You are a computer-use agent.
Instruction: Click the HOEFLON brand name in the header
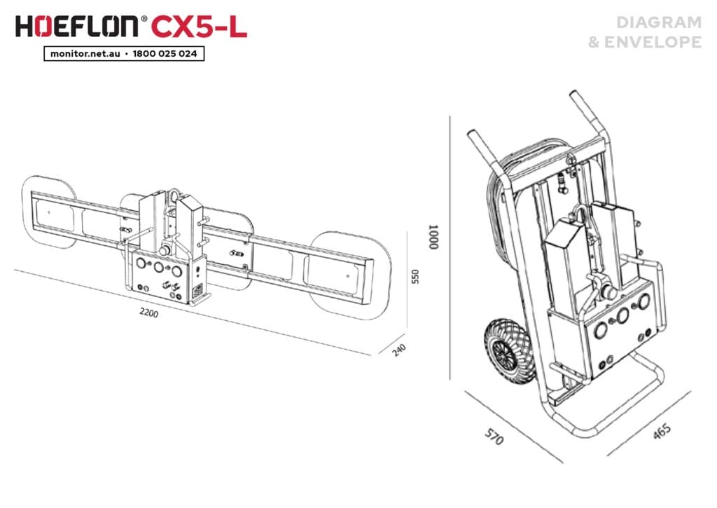pyautogui.click(x=76, y=27)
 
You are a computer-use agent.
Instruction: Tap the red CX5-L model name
pyautogui.click(x=199, y=27)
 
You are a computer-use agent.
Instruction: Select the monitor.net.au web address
pyautogui.click(x=85, y=53)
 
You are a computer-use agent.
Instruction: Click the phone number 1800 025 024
pyautogui.click(x=165, y=53)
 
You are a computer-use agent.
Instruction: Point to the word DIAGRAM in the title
pyautogui.click(x=659, y=22)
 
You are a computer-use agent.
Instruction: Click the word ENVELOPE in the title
pyautogui.click(x=653, y=42)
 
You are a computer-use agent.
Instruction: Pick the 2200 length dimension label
pyautogui.click(x=149, y=313)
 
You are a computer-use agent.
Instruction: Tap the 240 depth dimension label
pyautogui.click(x=399, y=350)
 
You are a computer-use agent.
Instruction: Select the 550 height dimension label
pyautogui.click(x=415, y=277)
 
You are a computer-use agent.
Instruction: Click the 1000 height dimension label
pyautogui.click(x=433, y=237)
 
